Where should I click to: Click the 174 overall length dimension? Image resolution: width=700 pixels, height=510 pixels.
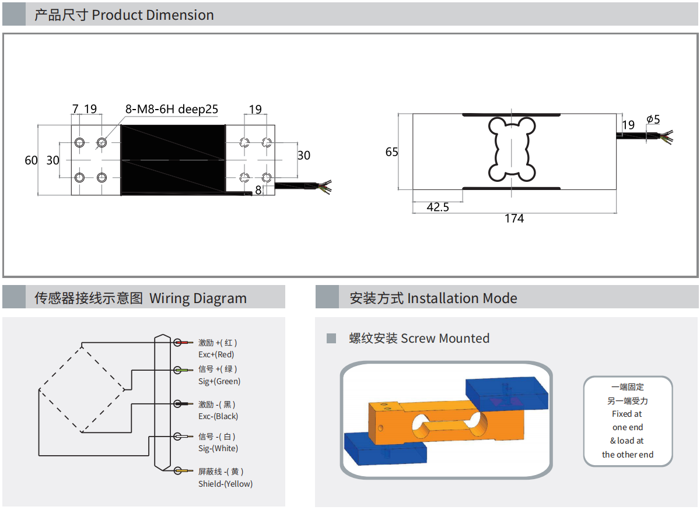pos(514,219)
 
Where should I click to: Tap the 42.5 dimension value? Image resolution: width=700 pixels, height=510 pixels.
pos(438,207)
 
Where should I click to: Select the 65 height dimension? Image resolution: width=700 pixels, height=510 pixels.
pos(391,152)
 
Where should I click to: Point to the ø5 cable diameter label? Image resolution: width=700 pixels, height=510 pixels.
pos(653,119)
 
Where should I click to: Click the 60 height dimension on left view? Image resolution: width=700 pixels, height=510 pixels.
pos(31,160)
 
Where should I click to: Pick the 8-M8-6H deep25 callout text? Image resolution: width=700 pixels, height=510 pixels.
pos(171,109)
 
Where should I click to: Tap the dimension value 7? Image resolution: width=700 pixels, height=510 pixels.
pos(75,109)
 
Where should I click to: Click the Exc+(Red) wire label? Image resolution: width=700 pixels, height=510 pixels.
pos(216,354)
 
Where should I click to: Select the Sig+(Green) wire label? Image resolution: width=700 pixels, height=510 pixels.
pos(219,381)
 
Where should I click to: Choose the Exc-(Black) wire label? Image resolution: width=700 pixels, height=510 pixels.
pos(218,416)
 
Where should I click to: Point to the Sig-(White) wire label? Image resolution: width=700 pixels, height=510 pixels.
pos(218,448)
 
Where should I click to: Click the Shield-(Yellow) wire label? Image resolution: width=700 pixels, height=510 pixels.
pos(225,484)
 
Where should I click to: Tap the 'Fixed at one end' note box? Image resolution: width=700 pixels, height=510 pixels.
pos(628,421)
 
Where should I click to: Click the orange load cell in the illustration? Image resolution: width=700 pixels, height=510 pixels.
pos(443,423)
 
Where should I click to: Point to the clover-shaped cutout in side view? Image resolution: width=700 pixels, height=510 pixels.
pos(511,150)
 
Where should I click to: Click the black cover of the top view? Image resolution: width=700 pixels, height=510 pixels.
pos(173,159)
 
